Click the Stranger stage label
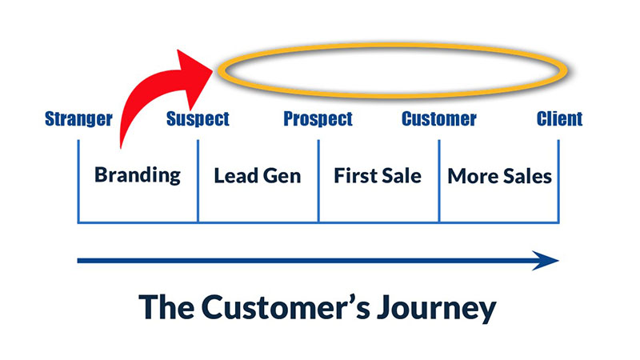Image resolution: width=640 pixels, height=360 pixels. click(78, 119)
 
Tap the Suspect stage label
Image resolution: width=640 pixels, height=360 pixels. click(198, 119)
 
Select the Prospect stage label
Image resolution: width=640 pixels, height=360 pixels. click(318, 119)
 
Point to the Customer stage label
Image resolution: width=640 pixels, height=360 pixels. click(438, 119)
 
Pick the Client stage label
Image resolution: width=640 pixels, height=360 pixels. click(560, 119)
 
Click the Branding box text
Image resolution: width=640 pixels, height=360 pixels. click(137, 174)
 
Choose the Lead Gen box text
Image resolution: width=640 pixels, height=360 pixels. click(258, 175)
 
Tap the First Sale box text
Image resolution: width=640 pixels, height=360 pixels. click(378, 174)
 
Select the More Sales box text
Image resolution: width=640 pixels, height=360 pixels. click(499, 175)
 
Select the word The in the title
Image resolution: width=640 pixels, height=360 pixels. click(166, 307)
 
